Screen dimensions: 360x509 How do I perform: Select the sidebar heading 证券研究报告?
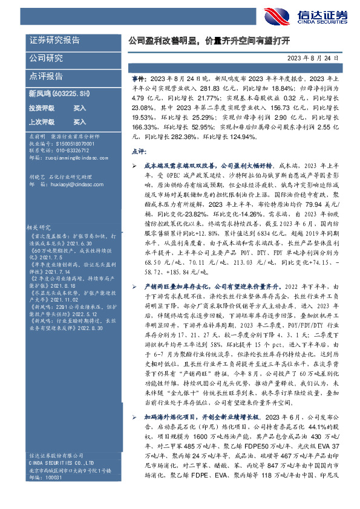coord(55,41)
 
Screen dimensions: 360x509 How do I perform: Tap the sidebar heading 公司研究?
coord(47,59)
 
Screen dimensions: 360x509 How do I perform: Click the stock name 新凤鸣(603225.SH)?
coord(59,94)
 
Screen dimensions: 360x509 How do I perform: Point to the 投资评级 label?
coord(41,108)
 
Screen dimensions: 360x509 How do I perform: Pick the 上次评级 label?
coord(41,121)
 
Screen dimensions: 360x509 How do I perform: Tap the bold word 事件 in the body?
coord(138,79)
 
